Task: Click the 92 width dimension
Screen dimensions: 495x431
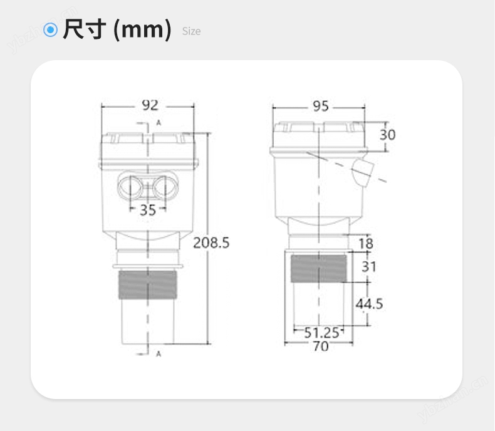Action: pyautogui.click(x=150, y=105)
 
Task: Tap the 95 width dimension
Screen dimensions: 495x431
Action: pyautogui.click(x=321, y=106)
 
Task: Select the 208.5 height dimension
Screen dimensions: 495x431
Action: pyautogui.click(x=211, y=242)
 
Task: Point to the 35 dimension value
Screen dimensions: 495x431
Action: pyautogui.click(x=148, y=210)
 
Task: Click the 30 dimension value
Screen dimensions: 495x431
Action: pyautogui.click(x=388, y=135)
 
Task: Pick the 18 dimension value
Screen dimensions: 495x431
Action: pyautogui.click(x=366, y=244)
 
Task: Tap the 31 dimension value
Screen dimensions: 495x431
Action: pyautogui.click(x=369, y=267)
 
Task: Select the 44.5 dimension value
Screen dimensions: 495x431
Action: pyautogui.click(x=369, y=304)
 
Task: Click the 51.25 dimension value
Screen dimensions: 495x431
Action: pyautogui.click(x=321, y=333)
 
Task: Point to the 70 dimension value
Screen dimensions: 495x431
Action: pyautogui.click(x=321, y=346)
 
